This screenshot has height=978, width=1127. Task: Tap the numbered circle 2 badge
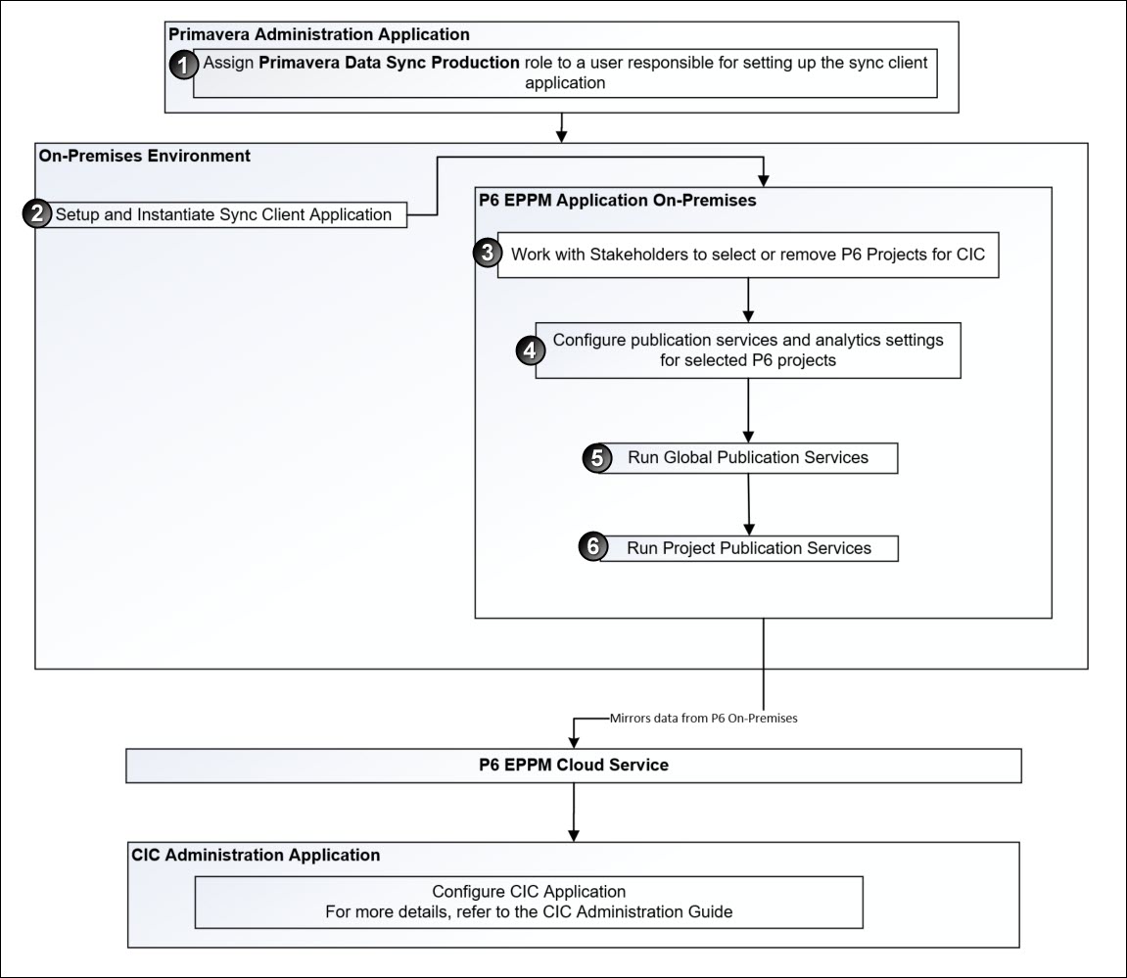click(x=37, y=214)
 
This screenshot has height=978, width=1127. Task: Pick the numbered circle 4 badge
click(x=530, y=350)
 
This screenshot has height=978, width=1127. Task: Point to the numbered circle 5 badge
click(x=596, y=457)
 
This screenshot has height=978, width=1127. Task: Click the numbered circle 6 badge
click(x=592, y=547)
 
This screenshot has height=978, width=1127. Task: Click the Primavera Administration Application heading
click(x=319, y=34)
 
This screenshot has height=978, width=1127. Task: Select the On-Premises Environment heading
click(x=145, y=156)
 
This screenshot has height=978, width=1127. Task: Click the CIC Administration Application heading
click(x=256, y=855)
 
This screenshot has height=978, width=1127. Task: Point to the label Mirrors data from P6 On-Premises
click(x=703, y=718)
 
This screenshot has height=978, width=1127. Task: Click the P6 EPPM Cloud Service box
click(x=573, y=766)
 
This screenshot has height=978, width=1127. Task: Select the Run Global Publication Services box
click(x=748, y=457)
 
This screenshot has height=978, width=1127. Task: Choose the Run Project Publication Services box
click(x=748, y=547)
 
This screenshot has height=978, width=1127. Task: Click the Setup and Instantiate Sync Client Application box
click(x=223, y=214)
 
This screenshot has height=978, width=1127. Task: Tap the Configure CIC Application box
click(x=529, y=902)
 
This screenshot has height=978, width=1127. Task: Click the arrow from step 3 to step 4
click(x=748, y=300)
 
